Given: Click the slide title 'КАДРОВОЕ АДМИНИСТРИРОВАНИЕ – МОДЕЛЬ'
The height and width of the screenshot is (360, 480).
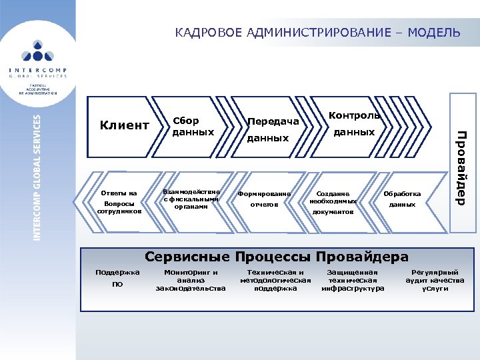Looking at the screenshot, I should [317, 32].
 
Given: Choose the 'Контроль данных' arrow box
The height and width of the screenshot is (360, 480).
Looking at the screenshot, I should [353, 125].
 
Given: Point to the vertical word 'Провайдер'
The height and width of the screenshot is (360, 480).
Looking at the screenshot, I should [461, 167].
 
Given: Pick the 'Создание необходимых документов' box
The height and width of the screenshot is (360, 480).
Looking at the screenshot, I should [333, 202].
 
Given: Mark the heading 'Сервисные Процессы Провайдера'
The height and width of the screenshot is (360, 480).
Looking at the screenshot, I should [276, 257].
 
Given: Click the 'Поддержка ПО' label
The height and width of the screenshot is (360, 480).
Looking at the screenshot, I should [117, 279].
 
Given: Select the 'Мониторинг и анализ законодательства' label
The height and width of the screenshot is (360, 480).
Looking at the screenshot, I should [191, 281].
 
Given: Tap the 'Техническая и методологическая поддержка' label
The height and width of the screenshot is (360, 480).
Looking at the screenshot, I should [275, 281].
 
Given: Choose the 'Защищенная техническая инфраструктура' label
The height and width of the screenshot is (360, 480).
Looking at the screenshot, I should [353, 281].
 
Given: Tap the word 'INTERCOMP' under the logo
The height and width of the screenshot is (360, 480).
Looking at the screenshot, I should [38, 70].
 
